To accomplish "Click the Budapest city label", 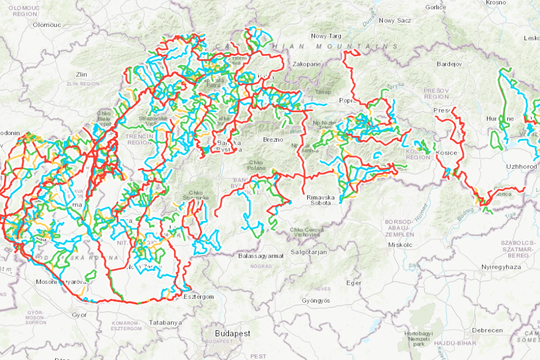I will (x=232, y=333).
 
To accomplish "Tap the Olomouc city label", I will (x=47, y=25).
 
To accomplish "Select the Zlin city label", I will (x=82, y=74).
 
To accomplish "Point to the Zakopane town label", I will (x=307, y=64).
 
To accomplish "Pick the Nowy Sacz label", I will (x=395, y=20).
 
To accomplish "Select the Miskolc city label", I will (x=400, y=245).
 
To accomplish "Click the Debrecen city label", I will (x=487, y=330).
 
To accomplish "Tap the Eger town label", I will (x=353, y=283).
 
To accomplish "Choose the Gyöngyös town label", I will (x=316, y=301).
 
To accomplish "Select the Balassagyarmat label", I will (x=259, y=255).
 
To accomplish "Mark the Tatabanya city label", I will (x=166, y=323).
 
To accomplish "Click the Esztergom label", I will (x=199, y=296).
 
